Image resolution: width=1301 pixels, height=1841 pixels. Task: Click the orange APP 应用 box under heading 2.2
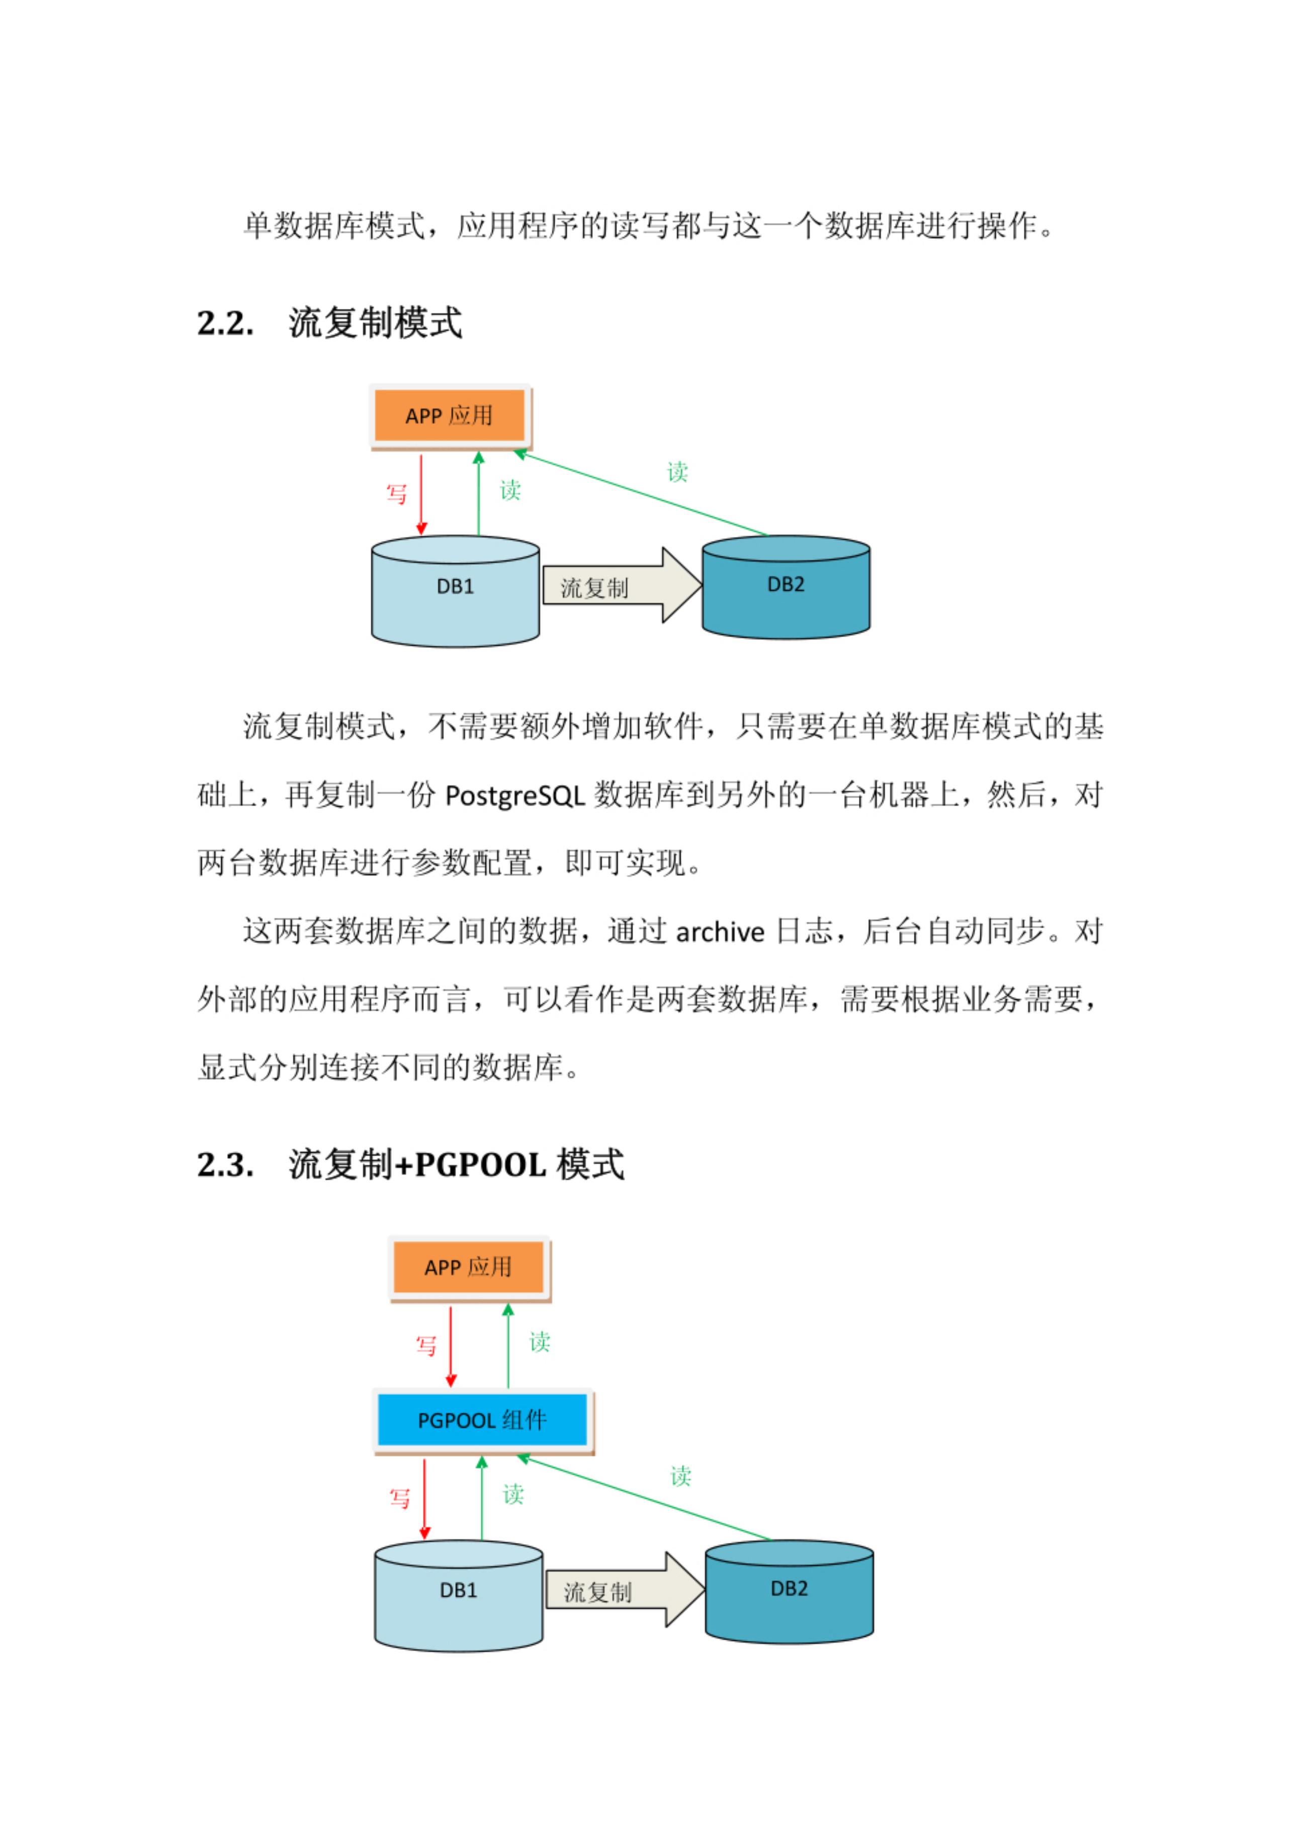449,415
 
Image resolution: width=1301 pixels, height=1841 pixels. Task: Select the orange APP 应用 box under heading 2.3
468,1267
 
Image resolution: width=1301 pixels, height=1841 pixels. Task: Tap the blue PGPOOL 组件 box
482,1420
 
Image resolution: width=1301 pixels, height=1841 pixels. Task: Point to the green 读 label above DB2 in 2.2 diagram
678,472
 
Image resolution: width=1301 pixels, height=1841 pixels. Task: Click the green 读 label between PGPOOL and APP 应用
540,1342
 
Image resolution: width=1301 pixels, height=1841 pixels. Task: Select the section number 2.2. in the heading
225,324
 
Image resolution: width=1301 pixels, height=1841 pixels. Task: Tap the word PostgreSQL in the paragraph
514,796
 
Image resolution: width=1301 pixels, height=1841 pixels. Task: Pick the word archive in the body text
720,932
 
